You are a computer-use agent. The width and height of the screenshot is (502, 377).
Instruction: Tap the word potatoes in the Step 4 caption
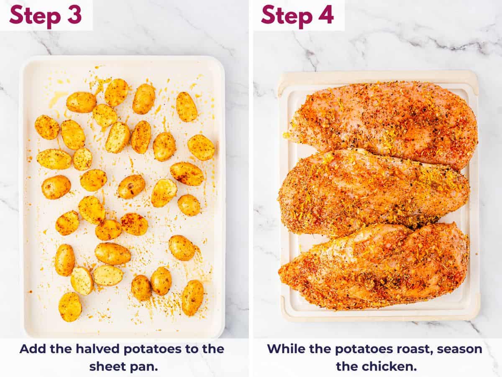tap(356, 349)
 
